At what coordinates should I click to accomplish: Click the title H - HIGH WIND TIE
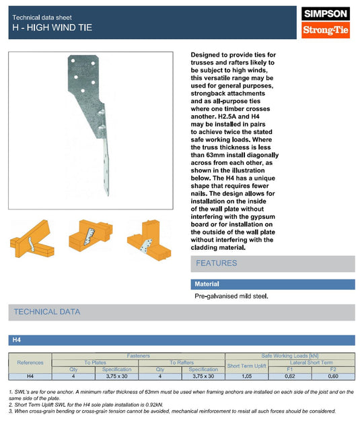pyautogui.click(x=52, y=28)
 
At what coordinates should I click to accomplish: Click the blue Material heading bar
pyautogui.click(x=272, y=284)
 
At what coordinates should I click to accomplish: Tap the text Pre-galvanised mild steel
pyautogui.click(x=231, y=296)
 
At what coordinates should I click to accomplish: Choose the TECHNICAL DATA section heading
pyautogui.click(x=47, y=312)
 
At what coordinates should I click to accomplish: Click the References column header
pyautogui.click(x=30, y=362)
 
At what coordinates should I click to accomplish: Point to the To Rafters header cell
pyautogui.click(x=182, y=362)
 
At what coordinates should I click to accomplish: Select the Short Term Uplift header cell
pyautogui.click(x=246, y=366)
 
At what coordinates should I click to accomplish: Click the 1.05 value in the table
pyautogui.click(x=246, y=376)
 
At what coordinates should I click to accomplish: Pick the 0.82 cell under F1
pyautogui.click(x=290, y=376)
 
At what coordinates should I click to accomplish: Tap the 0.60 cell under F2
pyautogui.click(x=332, y=376)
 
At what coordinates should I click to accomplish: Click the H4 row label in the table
pyautogui.click(x=30, y=376)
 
